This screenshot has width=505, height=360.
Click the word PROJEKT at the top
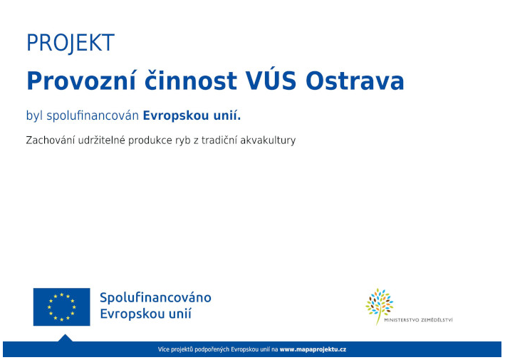(70, 43)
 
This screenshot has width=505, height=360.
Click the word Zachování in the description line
(51, 140)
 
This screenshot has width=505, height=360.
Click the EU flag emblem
(61, 307)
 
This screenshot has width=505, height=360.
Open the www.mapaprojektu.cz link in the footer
(313, 350)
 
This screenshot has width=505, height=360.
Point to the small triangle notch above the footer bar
(65, 338)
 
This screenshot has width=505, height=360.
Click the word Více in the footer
(165, 350)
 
